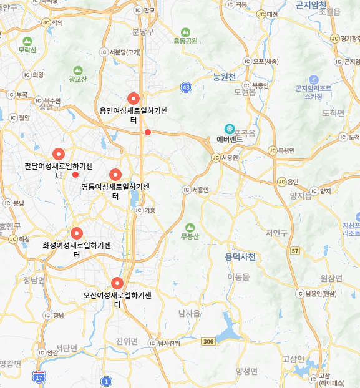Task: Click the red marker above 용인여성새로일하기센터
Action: point(132,98)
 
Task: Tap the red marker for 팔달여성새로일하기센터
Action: point(59,153)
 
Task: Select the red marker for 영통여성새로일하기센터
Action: point(115,174)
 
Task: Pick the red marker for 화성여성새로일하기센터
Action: point(77,233)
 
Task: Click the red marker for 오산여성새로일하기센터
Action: point(117,283)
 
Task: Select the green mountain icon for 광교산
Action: point(78,70)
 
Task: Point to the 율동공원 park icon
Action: point(185,32)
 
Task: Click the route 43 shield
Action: point(186,87)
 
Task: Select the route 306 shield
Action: point(208,341)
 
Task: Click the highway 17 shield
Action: point(39,376)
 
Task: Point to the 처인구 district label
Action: point(276,233)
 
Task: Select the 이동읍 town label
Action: point(238,276)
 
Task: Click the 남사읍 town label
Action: point(189,314)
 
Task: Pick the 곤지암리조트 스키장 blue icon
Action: point(314,80)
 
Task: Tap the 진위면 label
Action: point(127,341)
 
